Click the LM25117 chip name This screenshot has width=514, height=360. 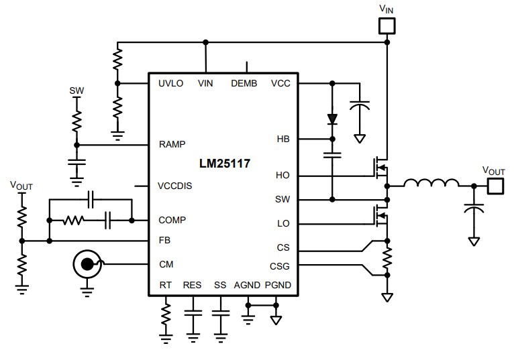(224, 163)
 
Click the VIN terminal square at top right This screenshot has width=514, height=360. (387, 26)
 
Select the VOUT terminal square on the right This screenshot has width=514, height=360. (495, 186)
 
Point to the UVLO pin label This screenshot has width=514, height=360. (171, 84)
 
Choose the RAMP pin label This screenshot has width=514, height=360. (172, 144)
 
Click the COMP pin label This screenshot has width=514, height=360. (172, 220)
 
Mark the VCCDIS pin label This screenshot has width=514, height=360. (174, 186)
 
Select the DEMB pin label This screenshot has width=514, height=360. (244, 84)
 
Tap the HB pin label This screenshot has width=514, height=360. (282, 139)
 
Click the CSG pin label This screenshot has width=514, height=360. (280, 265)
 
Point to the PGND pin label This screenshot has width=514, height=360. (278, 285)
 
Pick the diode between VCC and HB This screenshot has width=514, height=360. (331, 119)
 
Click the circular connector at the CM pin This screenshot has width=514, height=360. (87, 265)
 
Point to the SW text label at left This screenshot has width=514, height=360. (77, 90)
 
